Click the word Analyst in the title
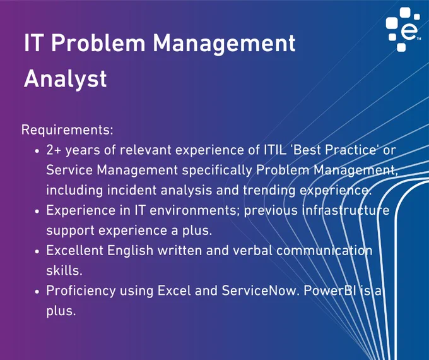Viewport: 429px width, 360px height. point(65,79)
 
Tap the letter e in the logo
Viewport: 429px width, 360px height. point(409,32)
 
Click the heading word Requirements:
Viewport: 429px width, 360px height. point(67,129)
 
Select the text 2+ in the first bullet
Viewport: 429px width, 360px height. point(54,150)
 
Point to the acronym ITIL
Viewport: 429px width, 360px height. point(276,150)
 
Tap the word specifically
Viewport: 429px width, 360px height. point(216,171)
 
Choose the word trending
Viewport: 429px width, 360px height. point(269,191)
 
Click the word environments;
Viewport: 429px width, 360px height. point(194,210)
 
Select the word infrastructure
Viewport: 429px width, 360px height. point(346,210)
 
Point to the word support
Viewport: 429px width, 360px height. point(70,231)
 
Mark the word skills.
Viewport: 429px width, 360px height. point(64,271)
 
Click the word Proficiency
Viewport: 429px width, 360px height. point(81,291)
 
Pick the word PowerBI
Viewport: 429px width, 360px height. point(330,291)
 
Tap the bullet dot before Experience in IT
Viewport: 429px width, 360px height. point(37,212)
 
